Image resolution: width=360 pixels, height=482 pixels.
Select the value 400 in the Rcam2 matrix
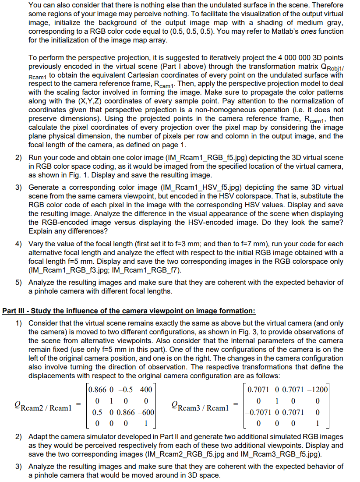point(146,390)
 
